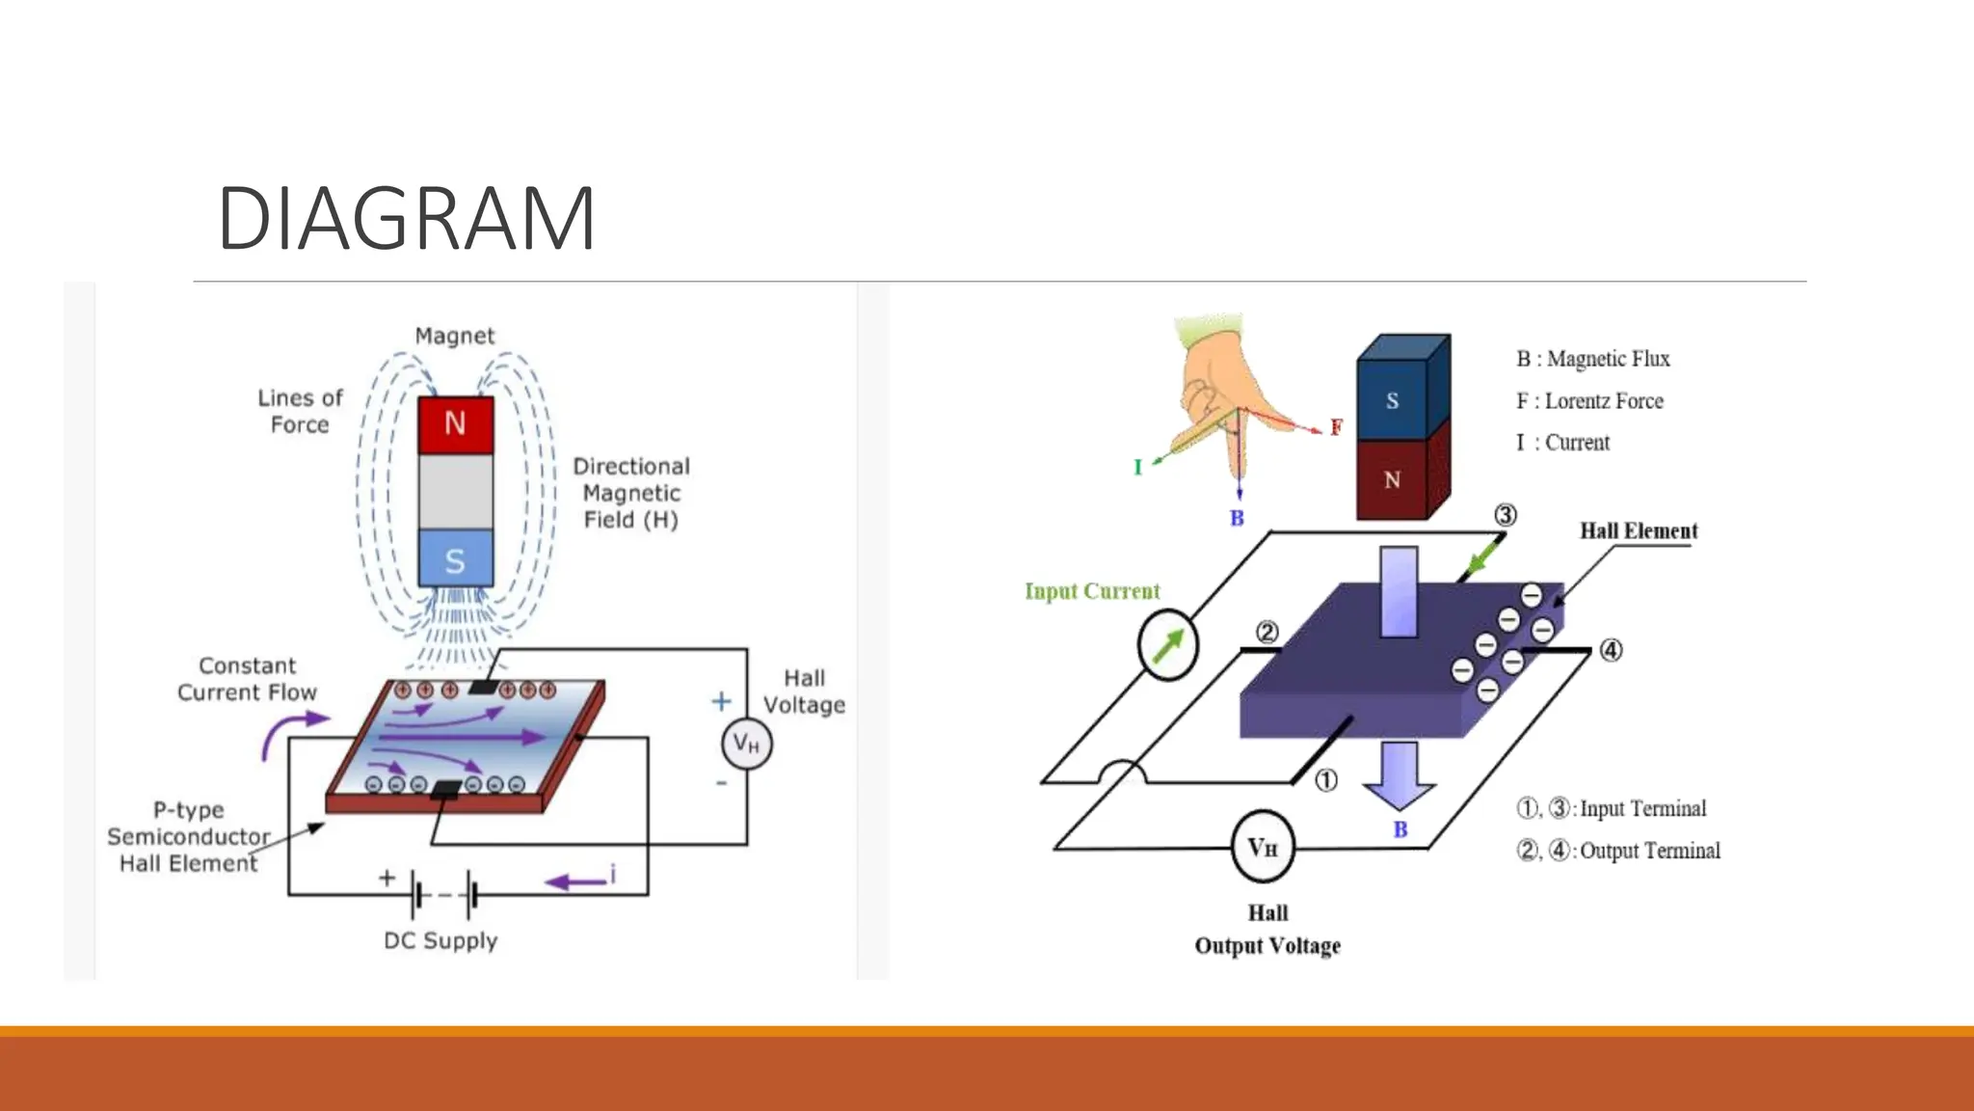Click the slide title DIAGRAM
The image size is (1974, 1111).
tap(406, 219)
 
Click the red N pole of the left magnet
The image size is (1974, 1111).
tap(455, 424)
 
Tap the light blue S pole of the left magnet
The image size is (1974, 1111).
tap(455, 559)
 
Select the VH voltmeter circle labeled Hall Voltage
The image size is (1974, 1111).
tap(747, 744)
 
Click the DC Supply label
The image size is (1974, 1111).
tap(440, 940)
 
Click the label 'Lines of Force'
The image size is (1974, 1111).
tap(300, 411)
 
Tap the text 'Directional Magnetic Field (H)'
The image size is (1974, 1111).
tap(631, 493)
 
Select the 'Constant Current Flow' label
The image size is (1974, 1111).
tap(247, 679)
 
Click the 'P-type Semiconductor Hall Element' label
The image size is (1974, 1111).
tap(188, 836)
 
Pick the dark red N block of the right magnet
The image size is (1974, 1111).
tap(1392, 479)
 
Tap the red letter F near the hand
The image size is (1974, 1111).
tap(1336, 427)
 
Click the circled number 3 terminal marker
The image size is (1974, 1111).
tap(1505, 515)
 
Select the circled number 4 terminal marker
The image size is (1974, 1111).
tap(1611, 650)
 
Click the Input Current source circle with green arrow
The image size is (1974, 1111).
tap(1167, 645)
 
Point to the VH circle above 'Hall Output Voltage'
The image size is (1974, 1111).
tap(1263, 847)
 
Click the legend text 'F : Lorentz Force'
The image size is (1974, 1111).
tap(1589, 401)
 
